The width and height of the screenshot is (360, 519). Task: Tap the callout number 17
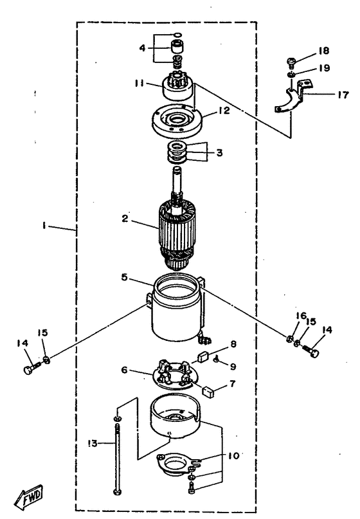(x=343, y=95)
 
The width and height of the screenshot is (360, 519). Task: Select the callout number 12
(x=224, y=111)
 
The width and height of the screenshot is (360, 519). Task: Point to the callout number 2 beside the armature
(x=125, y=219)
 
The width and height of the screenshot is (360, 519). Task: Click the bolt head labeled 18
(x=290, y=61)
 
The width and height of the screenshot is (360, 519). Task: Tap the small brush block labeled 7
(x=208, y=392)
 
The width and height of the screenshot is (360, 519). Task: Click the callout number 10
(x=233, y=456)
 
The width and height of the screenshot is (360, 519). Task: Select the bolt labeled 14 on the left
(x=32, y=369)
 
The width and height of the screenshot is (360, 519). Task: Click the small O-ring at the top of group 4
(x=177, y=34)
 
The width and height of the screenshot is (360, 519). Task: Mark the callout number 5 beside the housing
(x=124, y=277)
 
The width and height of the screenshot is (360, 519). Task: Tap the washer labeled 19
(x=291, y=74)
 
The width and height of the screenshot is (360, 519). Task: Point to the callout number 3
(x=219, y=152)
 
